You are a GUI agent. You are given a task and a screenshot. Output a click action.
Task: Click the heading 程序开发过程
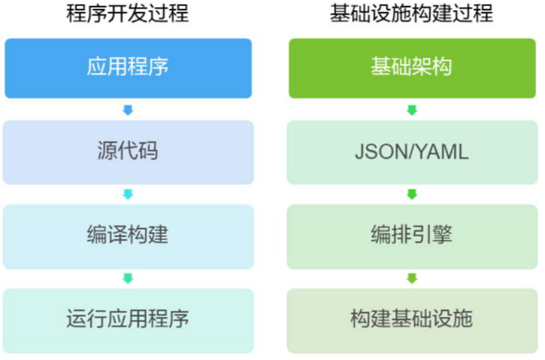(x=128, y=14)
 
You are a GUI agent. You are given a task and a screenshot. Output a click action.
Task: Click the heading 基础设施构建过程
(x=411, y=14)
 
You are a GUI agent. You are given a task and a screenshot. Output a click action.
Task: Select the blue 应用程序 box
(x=128, y=68)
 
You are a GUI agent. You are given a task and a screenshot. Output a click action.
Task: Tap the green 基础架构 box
(x=412, y=68)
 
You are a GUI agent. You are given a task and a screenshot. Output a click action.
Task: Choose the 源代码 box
(x=128, y=152)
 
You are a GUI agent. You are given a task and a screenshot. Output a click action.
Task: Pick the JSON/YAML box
(x=412, y=152)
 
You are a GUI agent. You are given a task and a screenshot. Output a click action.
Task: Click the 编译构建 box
(x=128, y=236)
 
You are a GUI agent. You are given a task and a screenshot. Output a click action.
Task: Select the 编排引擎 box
(x=412, y=236)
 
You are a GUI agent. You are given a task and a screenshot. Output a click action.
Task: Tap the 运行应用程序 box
(x=128, y=320)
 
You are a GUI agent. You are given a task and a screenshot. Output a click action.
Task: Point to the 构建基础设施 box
(x=412, y=320)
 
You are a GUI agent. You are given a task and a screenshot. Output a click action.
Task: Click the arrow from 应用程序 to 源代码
(x=128, y=110)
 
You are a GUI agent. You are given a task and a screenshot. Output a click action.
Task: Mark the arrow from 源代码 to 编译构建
(x=128, y=194)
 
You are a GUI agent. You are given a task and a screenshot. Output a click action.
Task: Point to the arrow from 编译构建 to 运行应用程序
(x=128, y=278)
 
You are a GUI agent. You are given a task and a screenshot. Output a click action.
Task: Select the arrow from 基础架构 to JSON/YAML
(x=412, y=110)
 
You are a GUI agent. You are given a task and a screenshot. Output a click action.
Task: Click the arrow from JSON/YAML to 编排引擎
(x=412, y=194)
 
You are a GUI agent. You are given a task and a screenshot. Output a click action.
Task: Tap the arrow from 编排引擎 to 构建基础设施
(x=412, y=278)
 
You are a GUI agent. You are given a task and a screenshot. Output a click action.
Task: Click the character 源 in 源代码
(x=107, y=152)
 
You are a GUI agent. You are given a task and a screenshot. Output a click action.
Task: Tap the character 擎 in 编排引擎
(x=442, y=236)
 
